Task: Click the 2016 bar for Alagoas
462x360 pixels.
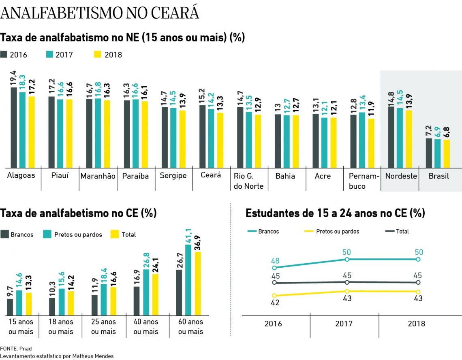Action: [14, 127]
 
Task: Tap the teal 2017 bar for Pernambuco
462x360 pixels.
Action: [362, 140]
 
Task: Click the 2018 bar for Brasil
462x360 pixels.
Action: [447, 153]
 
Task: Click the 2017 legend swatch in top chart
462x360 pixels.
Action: [50, 55]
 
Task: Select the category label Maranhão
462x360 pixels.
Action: [98, 176]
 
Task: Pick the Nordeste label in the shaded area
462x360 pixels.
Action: [401, 176]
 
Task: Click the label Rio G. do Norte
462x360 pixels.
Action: [249, 181]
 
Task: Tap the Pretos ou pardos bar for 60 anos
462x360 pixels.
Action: [188, 280]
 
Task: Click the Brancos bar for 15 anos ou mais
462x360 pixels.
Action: [10, 307]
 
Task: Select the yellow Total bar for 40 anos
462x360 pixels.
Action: [155, 295]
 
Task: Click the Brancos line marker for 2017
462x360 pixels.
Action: [347, 259]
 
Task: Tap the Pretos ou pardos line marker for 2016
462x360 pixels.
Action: [274, 296]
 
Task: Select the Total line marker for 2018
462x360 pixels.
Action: [419, 282]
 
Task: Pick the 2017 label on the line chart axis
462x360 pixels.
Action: [344, 324]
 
